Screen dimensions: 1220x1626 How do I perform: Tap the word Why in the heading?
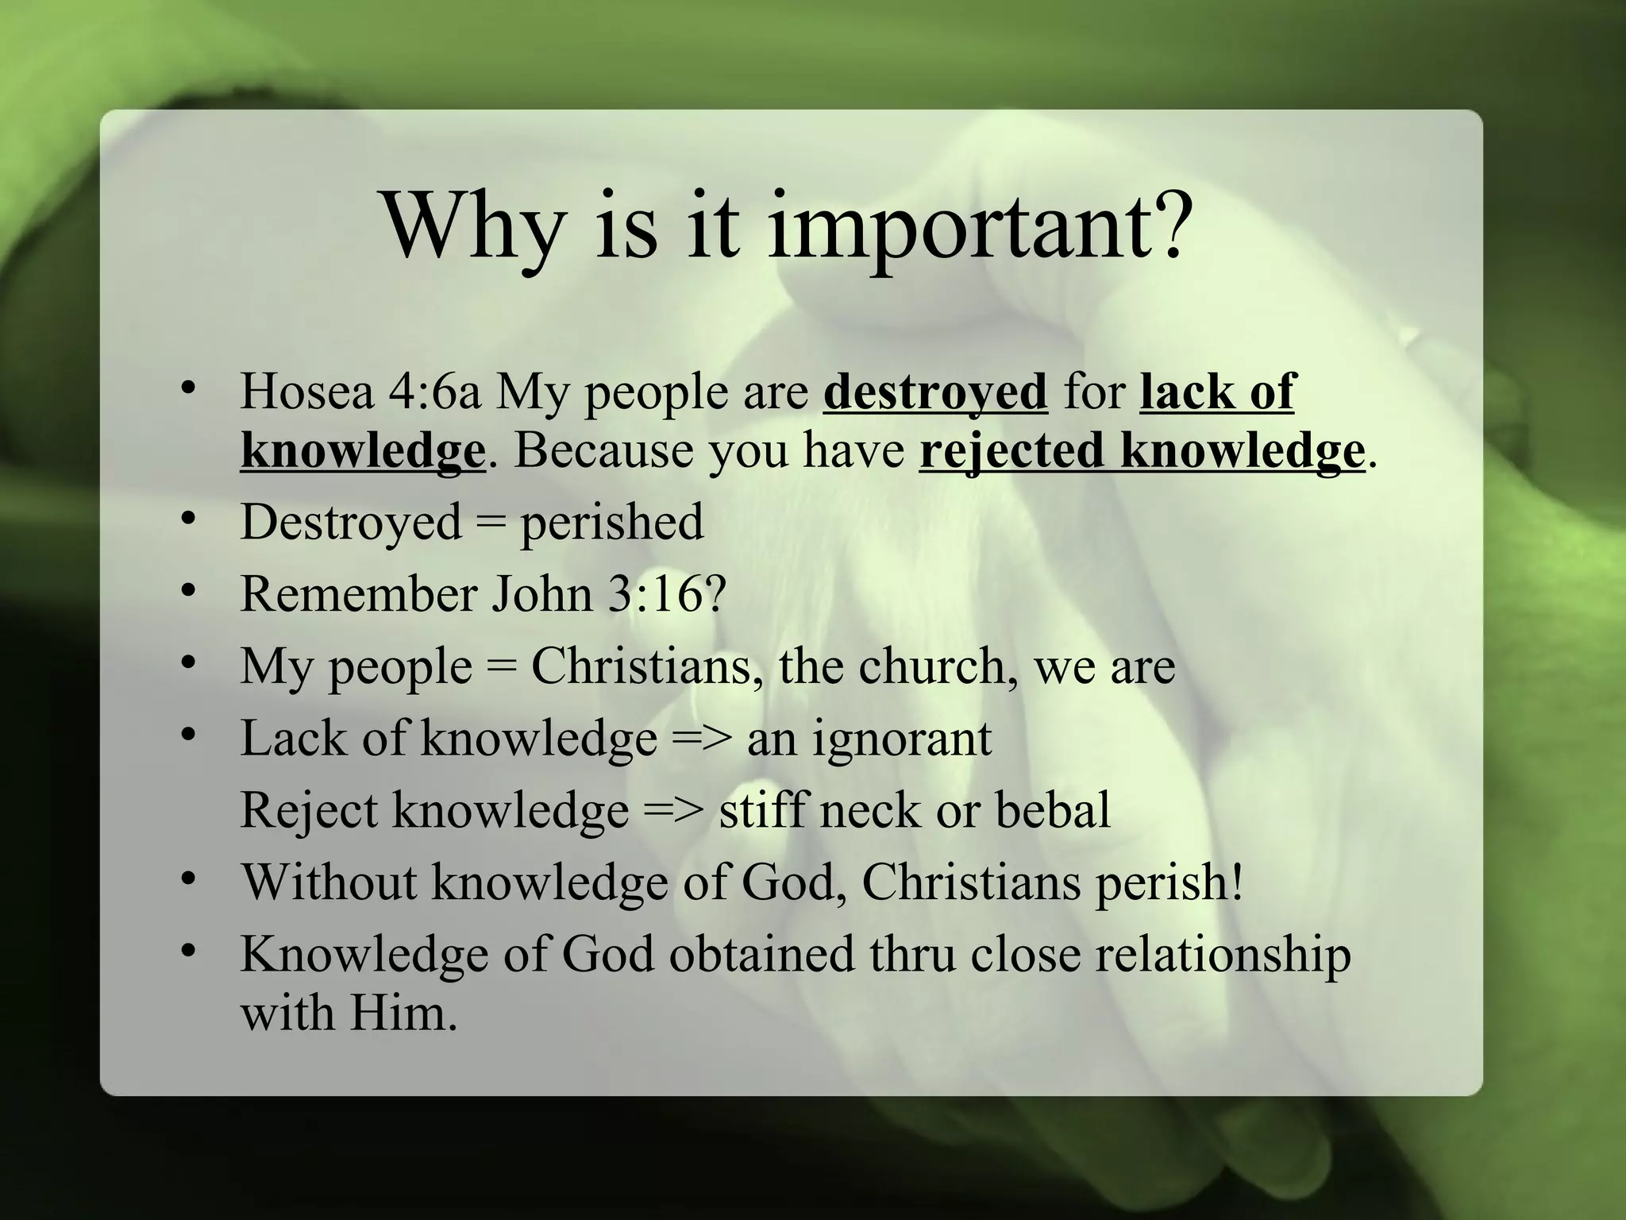tap(472, 226)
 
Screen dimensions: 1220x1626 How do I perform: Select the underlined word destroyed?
tap(935, 392)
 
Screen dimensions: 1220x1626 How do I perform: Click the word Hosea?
tap(306, 392)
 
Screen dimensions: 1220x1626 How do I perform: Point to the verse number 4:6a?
tap(435, 392)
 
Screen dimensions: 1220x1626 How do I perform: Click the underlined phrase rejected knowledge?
tap(1142, 450)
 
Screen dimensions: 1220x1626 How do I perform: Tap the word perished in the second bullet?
tap(611, 522)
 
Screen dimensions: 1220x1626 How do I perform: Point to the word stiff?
tap(764, 810)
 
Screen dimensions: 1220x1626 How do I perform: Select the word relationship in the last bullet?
tap(1223, 955)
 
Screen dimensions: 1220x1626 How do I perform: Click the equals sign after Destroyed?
tap(490, 523)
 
